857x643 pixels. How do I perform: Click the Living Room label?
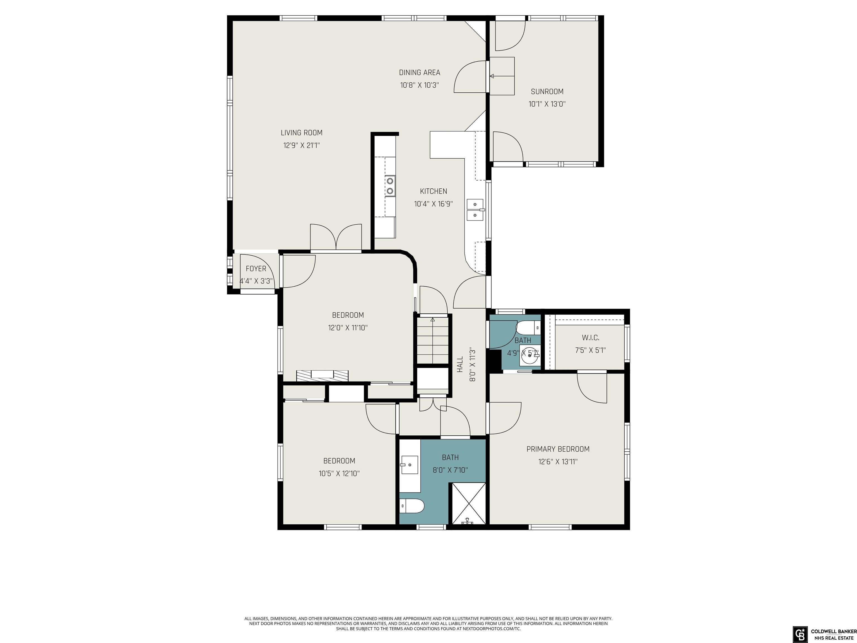point(301,133)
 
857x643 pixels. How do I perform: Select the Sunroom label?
point(547,92)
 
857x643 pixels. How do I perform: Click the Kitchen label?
point(434,191)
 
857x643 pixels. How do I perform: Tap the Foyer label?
point(256,268)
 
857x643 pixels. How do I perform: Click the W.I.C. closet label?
point(591,338)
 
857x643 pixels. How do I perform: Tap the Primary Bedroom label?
point(558,449)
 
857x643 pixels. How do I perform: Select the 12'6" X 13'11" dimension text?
point(558,462)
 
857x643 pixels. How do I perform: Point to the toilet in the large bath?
point(412,506)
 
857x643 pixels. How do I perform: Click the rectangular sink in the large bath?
point(409,465)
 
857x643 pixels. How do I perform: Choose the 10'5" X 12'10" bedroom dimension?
point(340,473)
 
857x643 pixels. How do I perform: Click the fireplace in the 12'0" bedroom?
point(322,376)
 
